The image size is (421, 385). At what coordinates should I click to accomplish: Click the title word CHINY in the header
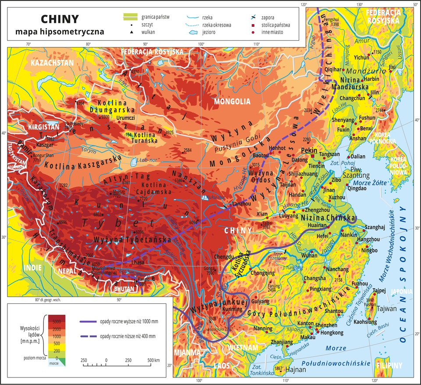[60, 19]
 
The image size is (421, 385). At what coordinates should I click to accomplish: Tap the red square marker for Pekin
[313, 156]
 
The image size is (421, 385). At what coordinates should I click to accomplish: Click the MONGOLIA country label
[232, 102]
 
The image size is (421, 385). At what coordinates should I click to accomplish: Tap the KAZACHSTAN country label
[52, 63]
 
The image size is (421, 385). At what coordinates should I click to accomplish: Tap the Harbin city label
[371, 79]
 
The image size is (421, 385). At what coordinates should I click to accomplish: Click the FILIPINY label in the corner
[389, 365]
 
